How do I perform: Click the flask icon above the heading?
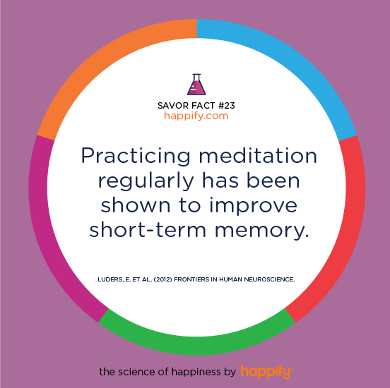pos(196,85)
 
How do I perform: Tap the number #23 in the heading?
pos(227,106)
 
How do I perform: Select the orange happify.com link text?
pos(196,116)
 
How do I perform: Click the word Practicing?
pos(136,157)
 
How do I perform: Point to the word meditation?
pos(258,155)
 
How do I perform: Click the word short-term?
pos(148,229)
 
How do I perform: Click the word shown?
pos(136,205)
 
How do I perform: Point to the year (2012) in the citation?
pos(163,279)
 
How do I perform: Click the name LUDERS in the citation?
pos(110,279)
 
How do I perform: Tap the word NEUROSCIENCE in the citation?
pos(269,279)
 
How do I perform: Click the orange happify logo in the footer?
pos(267,372)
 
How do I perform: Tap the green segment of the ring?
pos(196,345)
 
